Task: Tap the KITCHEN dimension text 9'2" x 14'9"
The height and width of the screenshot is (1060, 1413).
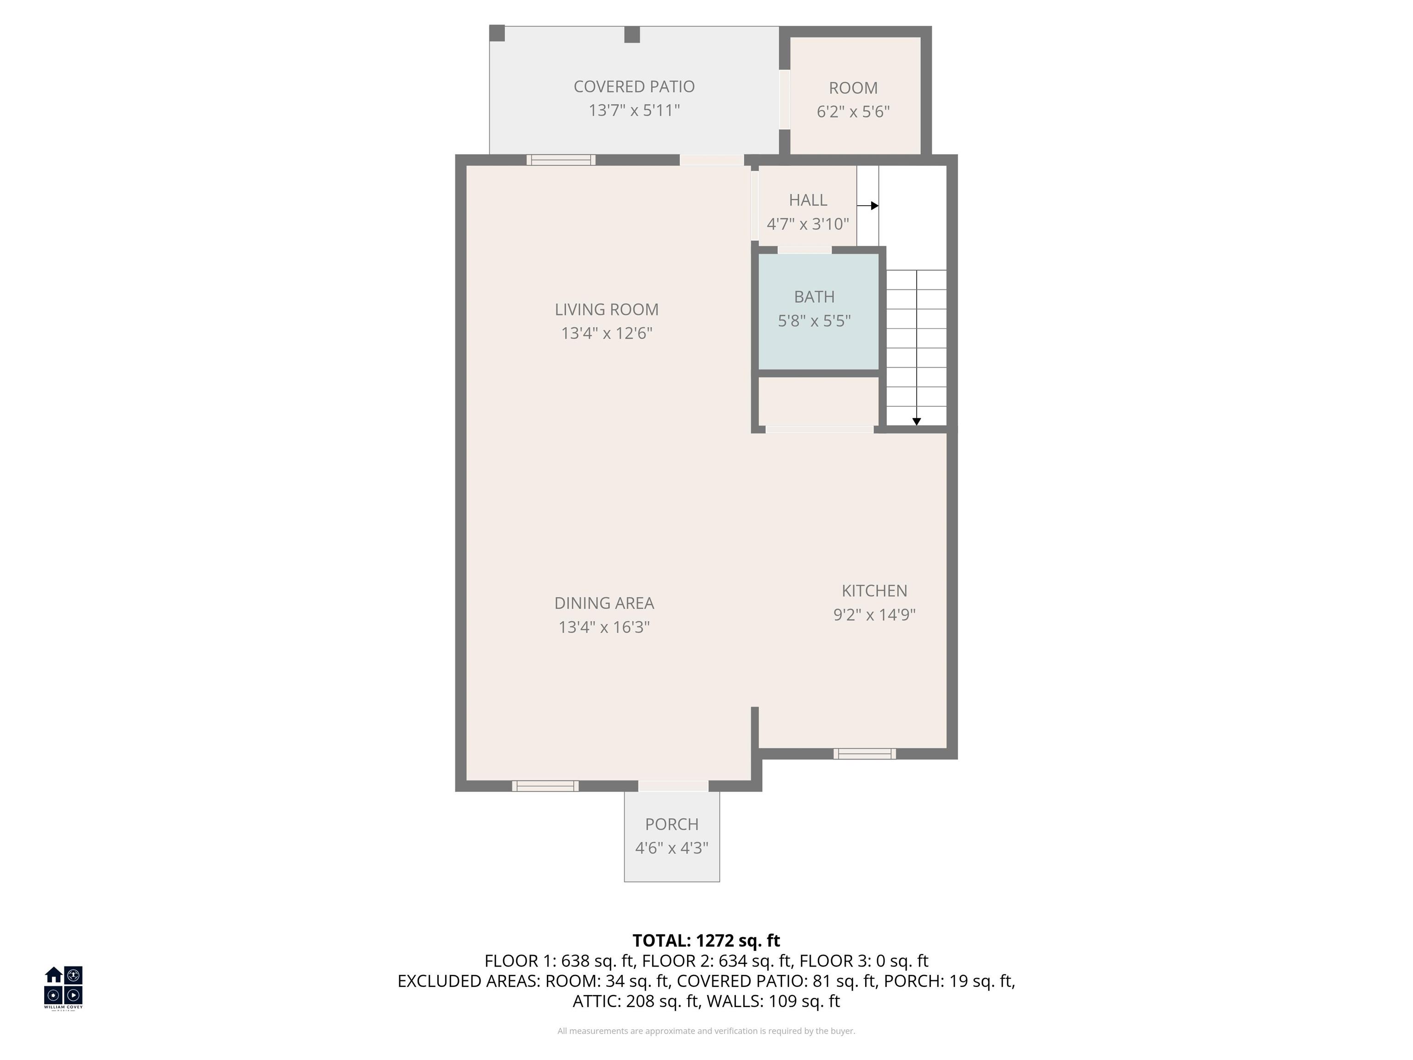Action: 874,615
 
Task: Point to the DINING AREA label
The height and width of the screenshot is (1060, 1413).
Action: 603,603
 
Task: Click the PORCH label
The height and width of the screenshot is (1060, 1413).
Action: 672,824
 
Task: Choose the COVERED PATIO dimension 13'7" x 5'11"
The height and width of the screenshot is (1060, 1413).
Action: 634,110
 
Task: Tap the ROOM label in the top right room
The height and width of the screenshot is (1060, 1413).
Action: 853,88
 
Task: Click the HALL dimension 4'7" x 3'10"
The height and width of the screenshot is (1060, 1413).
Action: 807,224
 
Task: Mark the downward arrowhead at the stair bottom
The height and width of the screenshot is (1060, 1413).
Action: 916,422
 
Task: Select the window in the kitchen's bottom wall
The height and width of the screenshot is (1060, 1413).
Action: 864,754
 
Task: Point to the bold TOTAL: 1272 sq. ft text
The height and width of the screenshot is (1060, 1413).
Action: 706,940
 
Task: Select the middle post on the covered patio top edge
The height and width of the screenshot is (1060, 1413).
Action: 632,35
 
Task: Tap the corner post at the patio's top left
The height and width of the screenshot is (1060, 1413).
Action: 497,33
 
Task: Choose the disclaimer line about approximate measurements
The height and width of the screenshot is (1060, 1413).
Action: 706,1031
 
